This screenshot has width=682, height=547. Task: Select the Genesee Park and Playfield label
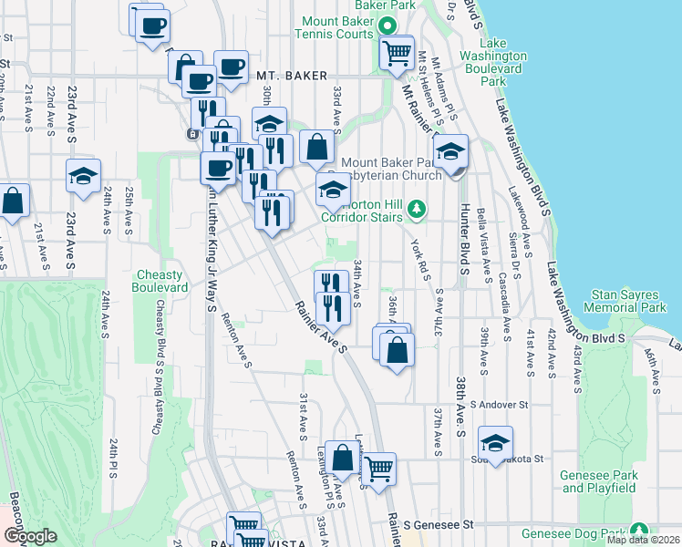(598, 481)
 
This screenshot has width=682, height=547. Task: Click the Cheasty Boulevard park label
(162, 281)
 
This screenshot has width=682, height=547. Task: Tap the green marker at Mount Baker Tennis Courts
(387, 27)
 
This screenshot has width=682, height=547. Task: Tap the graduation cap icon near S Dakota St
(496, 444)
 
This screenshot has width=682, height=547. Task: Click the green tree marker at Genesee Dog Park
(639, 531)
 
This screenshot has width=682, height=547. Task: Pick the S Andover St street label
(499, 404)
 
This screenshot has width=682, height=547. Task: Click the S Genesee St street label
(440, 525)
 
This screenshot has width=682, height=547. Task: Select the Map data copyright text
(643, 540)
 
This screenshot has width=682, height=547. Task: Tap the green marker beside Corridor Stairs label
(417, 210)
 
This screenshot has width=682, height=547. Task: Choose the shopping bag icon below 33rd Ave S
(315, 146)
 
